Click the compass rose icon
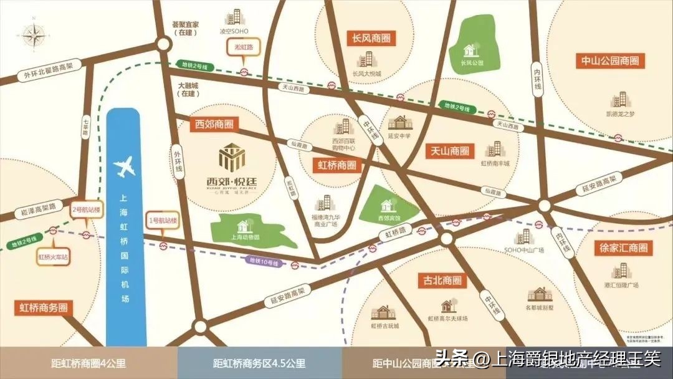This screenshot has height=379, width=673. tap(31, 35)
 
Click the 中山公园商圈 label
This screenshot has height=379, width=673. tap(610, 61)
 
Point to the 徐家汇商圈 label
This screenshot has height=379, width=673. tap(624, 247)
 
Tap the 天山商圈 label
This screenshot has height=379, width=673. tap(449, 151)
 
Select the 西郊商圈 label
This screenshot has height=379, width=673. tap(214, 124)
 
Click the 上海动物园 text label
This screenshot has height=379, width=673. tap(245, 237)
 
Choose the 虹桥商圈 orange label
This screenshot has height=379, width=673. tap(337, 166)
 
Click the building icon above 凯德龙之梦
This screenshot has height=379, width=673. tap(619, 100)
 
